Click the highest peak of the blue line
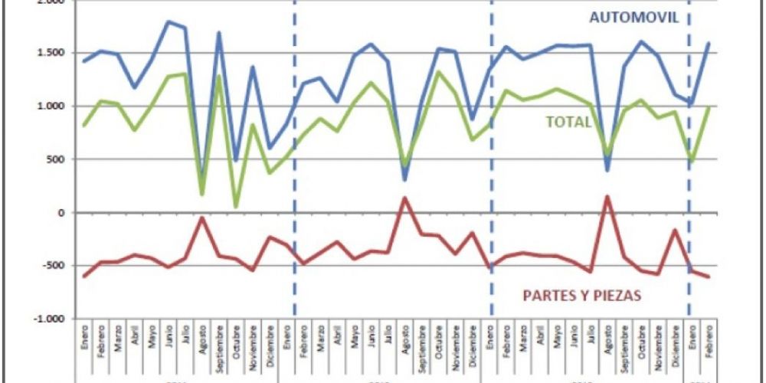pyautogui.click(x=168, y=21)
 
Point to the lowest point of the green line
pyautogui.click(x=235, y=206)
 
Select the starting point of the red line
pyautogui.click(x=84, y=276)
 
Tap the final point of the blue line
pyautogui.click(x=709, y=43)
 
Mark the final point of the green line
pyautogui.click(x=709, y=108)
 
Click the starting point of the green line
pyautogui.click(x=84, y=125)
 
